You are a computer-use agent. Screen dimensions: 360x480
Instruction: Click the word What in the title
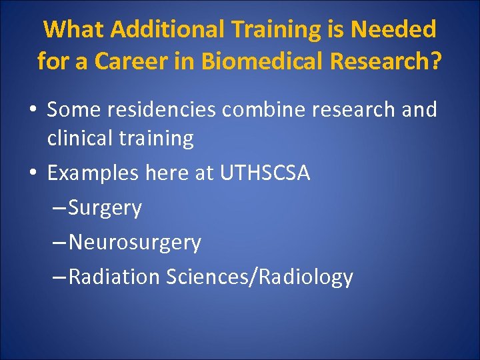[x=74, y=29]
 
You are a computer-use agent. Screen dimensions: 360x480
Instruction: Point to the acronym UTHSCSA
[x=261, y=173]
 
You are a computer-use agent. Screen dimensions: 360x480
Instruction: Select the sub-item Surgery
[x=105, y=208]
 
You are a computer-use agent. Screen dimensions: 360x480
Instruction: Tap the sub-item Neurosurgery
[x=134, y=243]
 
